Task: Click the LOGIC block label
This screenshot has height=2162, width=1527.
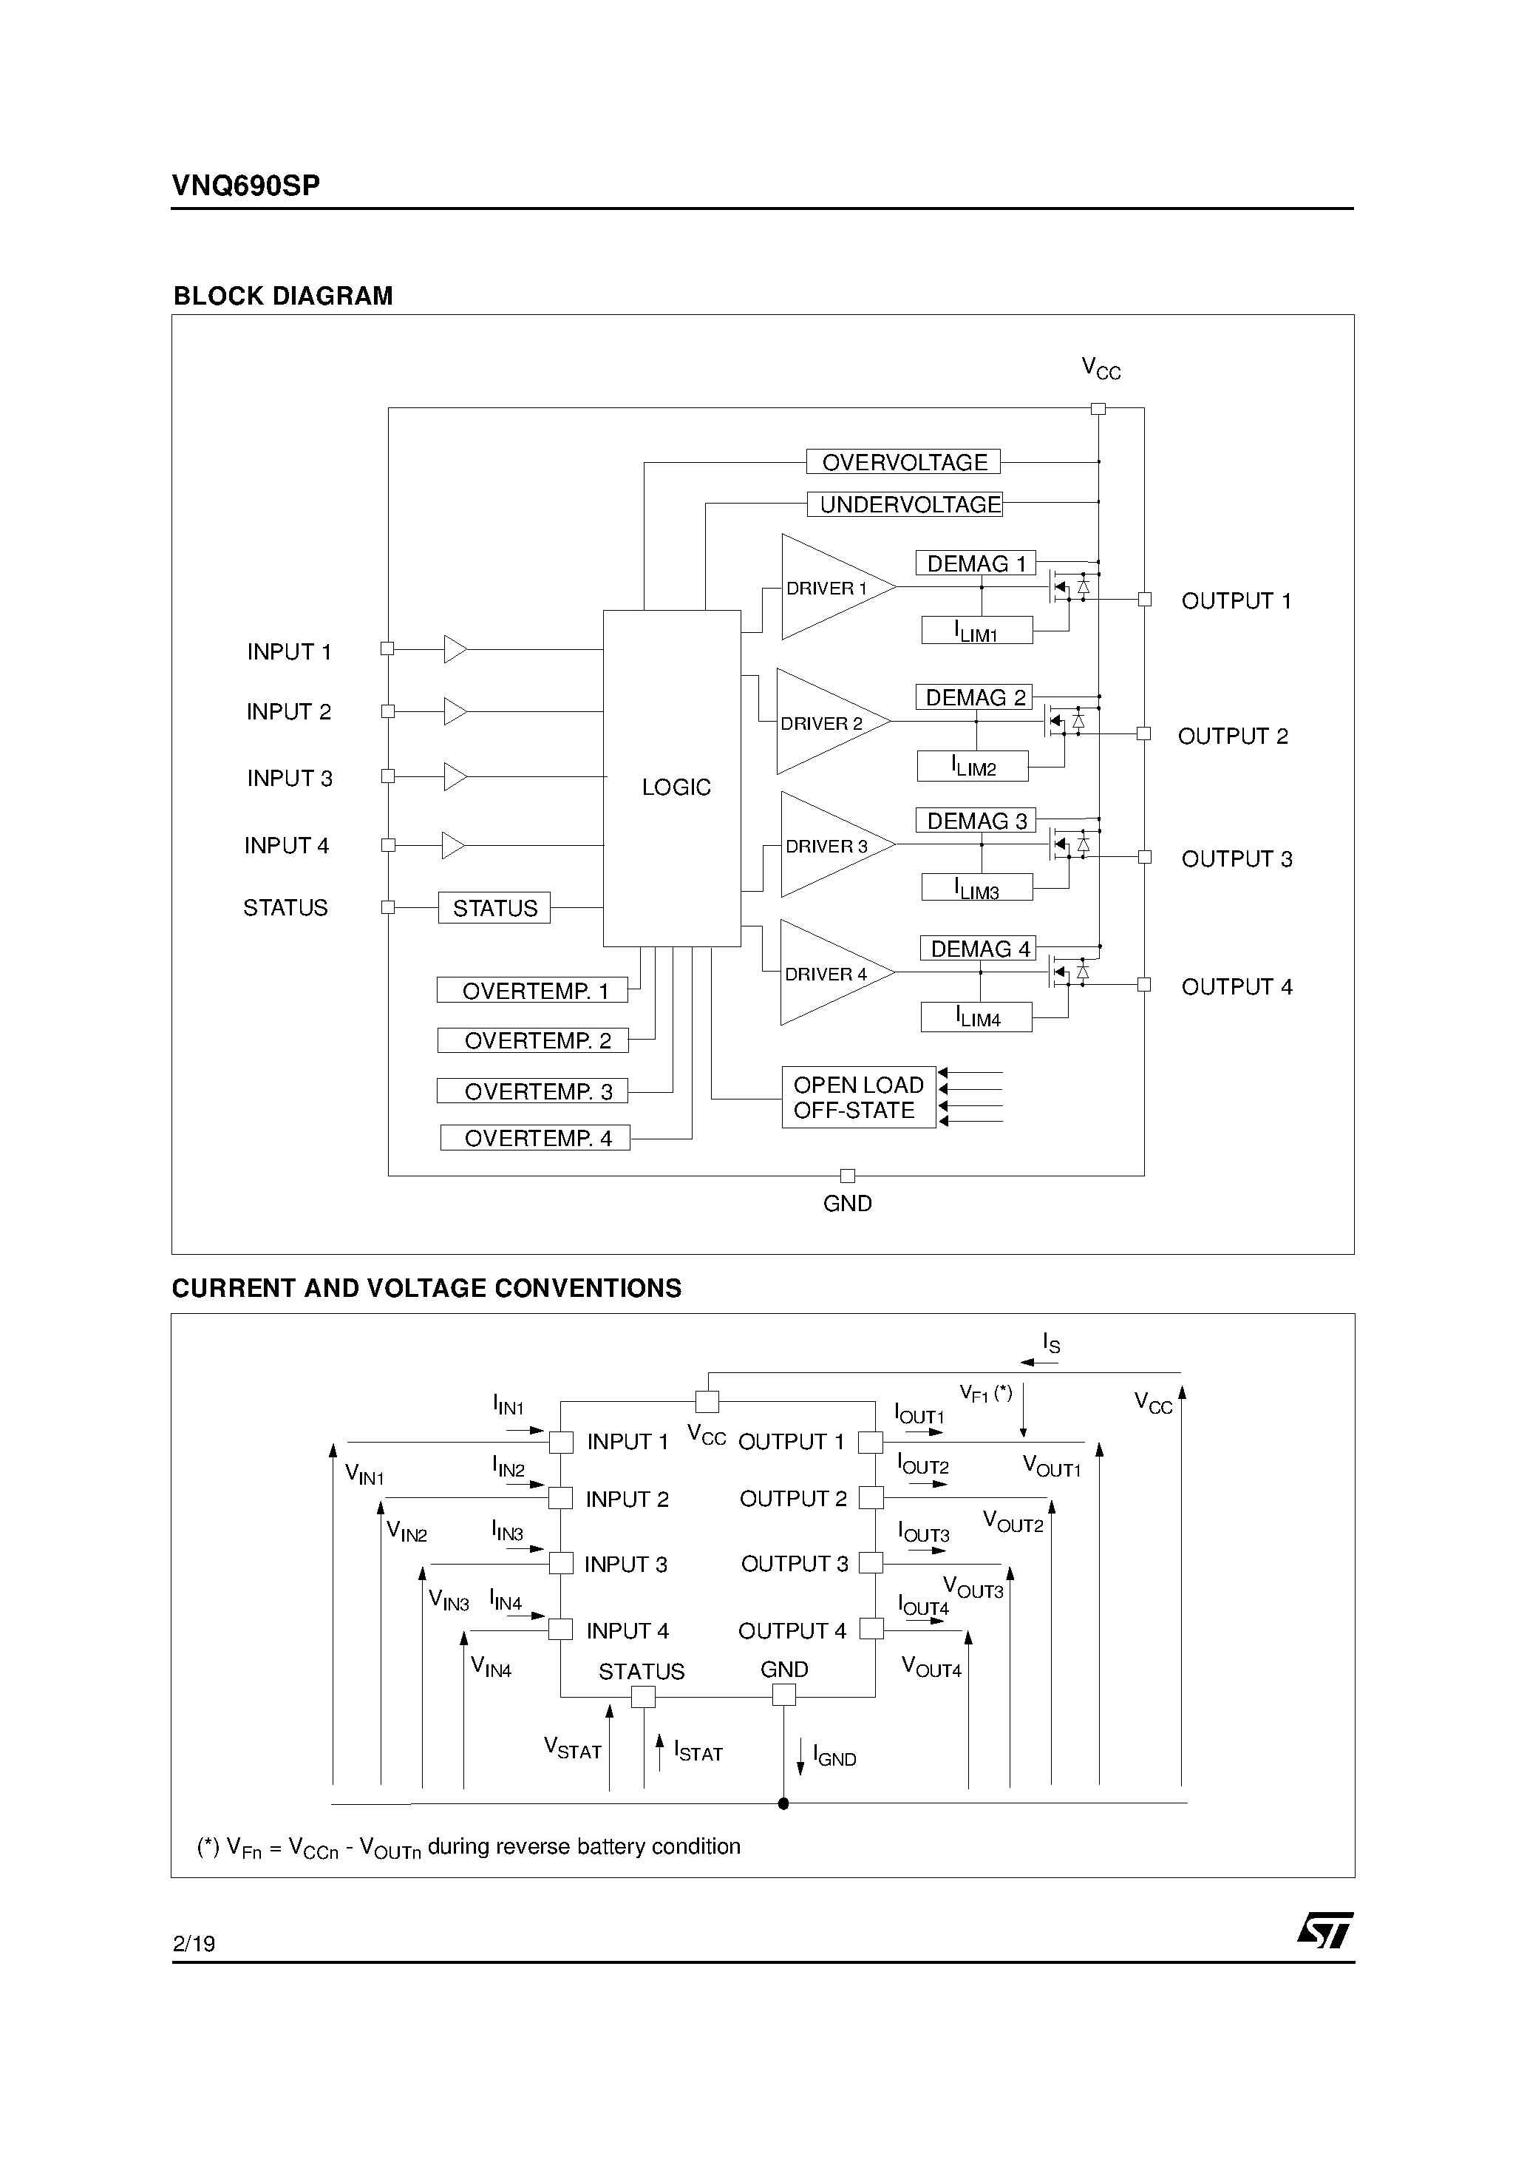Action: click(676, 787)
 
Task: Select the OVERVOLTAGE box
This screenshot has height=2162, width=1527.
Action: click(903, 462)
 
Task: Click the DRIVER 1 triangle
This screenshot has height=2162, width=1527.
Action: click(829, 588)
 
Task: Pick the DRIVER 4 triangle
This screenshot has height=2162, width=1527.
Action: click(826, 973)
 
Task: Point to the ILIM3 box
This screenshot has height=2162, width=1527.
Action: click(976, 888)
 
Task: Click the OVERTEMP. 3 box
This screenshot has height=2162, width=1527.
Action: click(533, 1091)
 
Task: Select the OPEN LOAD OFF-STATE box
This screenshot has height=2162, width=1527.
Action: click(859, 1098)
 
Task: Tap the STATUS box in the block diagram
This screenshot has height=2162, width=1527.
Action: click(494, 908)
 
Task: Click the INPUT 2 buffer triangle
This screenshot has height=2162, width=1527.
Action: click(455, 711)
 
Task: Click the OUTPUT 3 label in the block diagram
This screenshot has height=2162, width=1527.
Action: click(1236, 858)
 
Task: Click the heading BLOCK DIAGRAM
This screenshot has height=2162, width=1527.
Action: click(283, 296)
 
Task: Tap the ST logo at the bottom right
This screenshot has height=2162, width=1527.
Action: click(1324, 1929)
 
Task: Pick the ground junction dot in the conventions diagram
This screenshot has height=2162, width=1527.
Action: click(783, 1803)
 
